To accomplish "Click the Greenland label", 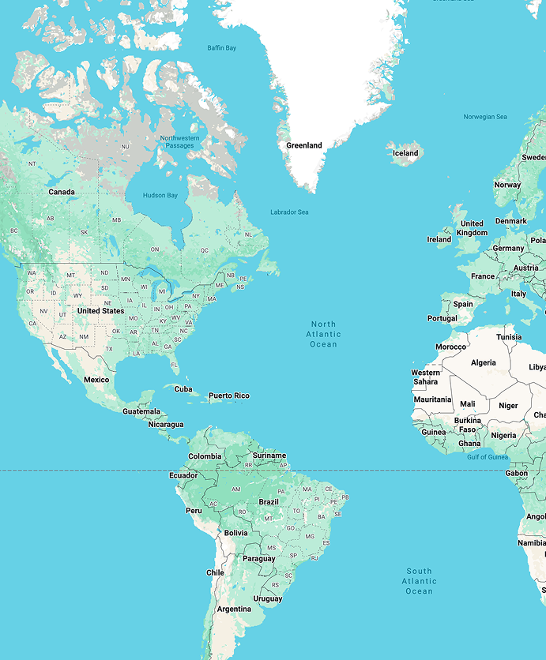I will [304, 145].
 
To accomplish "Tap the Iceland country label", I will [405, 153].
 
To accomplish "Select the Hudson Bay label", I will [160, 195].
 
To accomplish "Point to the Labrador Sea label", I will [289, 212].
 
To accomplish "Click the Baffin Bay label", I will [221, 48].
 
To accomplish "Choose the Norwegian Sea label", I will [484, 117].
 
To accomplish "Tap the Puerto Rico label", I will [229, 396].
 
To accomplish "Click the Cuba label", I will [183, 388].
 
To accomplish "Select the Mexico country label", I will [96, 380].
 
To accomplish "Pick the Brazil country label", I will [269, 502].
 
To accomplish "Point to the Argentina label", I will [234, 609].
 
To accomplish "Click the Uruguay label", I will [268, 598].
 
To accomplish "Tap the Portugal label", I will [442, 318].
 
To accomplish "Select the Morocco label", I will [450, 347].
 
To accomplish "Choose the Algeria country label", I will [484, 362].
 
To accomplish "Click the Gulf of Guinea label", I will [488, 457].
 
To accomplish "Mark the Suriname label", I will [269, 456].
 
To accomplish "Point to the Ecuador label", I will [183, 475].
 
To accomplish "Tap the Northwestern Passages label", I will [180, 142].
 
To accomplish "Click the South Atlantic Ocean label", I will [420, 581].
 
